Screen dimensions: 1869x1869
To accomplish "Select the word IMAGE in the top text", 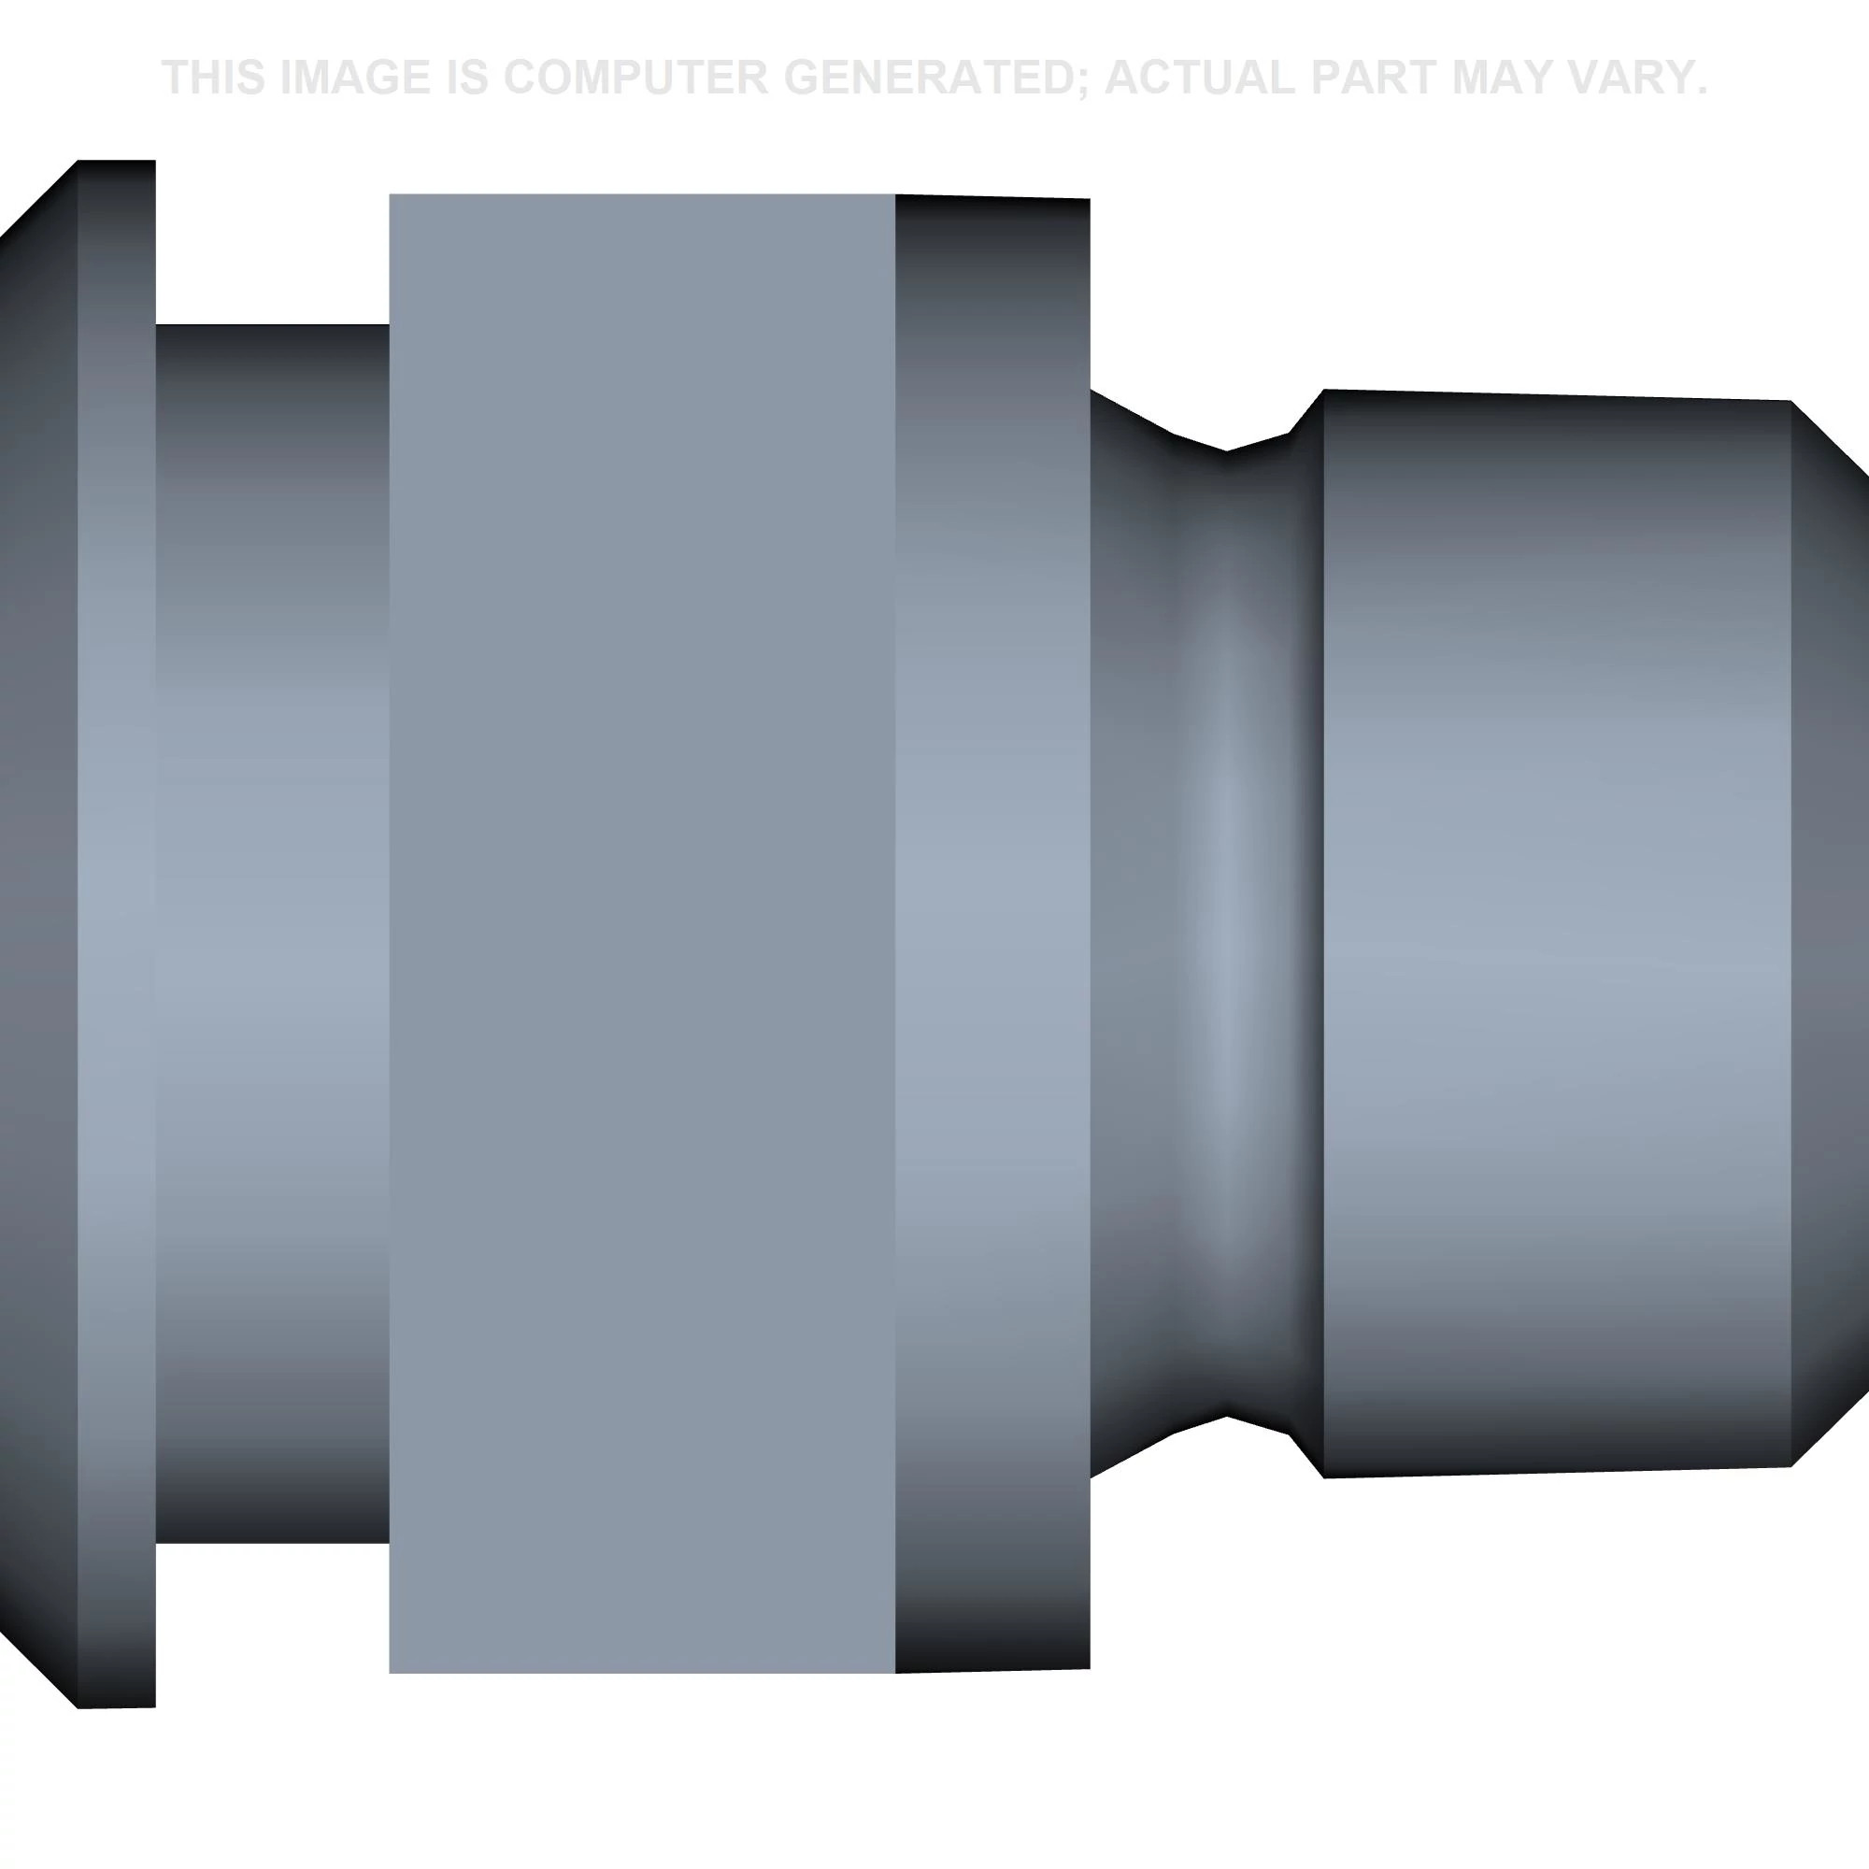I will pos(355,78).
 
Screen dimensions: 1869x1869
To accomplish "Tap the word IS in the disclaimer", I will pos(466,78).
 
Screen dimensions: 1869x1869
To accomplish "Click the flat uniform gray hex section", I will pos(641,934).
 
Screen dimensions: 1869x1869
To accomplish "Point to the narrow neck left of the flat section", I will pos(272,934).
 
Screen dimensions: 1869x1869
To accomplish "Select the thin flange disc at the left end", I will pos(116,934).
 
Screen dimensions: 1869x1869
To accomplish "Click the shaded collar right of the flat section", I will pos(992,934).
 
